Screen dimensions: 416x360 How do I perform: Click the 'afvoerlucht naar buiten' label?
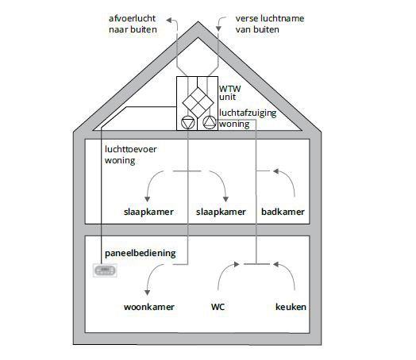[133, 24]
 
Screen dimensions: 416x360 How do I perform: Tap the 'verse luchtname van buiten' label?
[270, 24]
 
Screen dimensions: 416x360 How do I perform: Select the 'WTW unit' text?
[229, 93]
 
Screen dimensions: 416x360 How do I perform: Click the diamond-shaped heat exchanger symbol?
[198, 102]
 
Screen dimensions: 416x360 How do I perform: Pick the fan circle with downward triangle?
[188, 123]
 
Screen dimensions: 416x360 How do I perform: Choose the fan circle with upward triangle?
[210, 122]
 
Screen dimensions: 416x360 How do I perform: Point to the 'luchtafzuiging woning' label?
[248, 118]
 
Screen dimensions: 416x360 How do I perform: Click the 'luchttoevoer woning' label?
[130, 155]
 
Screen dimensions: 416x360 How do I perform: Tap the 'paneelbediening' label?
[141, 253]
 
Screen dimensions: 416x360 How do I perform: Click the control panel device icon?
[105, 270]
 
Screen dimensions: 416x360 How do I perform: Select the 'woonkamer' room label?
[148, 307]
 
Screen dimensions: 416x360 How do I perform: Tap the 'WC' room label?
[218, 307]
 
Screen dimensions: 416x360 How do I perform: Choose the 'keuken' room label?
[291, 307]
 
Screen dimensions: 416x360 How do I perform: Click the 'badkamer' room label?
[283, 212]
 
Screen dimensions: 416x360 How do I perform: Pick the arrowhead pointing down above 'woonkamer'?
[147, 293]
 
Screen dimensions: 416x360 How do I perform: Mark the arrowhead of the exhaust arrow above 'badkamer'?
[276, 171]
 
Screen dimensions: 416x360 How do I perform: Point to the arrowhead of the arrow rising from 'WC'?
[237, 264]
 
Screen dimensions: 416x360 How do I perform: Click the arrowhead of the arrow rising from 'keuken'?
[276, 264]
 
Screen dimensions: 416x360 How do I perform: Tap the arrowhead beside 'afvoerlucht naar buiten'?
[169, 21]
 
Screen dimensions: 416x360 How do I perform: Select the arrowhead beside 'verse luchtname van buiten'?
[218, 29]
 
